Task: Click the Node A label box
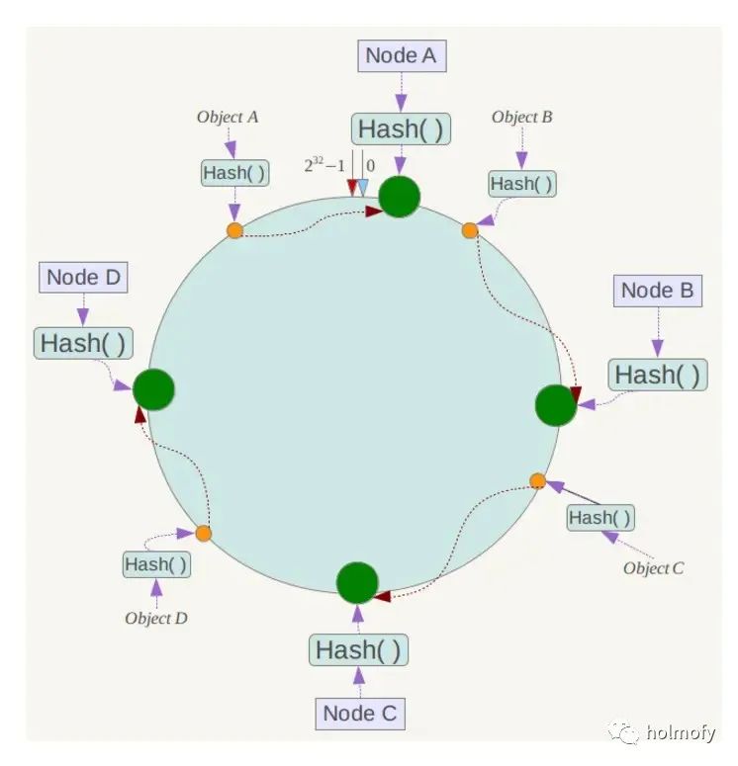(x=401, y=56)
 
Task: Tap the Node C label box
(x=363, y=713)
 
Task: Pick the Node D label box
(x=83, y=278)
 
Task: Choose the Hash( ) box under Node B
(x=658, y=375)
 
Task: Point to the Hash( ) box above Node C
(x=358, y=650)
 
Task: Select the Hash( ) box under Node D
(x=84, y=344)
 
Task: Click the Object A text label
(x=228, y=117)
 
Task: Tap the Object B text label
(x=521, y=118)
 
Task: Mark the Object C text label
(x=653, y=568)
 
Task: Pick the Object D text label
(x=156, y=619)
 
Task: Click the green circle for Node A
(x=400, y=196)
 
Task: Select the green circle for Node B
(x=555, y=405)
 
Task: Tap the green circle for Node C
(x=357, y=583)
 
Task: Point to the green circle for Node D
(x=153, y=389)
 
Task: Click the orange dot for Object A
(x=234, y=230)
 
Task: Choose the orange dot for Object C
(x=537, y=481)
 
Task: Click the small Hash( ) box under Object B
(x=521, y=183)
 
